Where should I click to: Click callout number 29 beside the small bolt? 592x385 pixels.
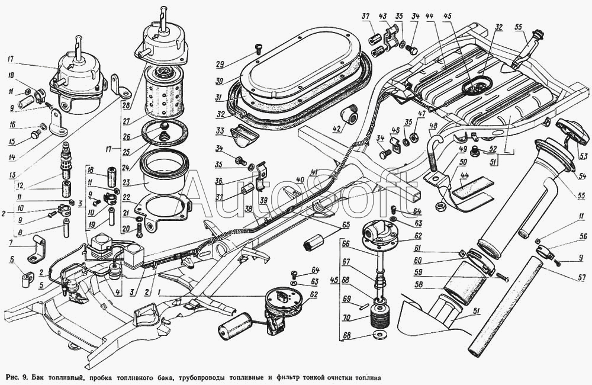point(220,64)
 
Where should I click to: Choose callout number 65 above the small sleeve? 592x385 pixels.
point(345,225)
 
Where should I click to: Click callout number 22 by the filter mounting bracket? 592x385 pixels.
point(126,198)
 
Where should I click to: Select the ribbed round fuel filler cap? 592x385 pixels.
point(570,129)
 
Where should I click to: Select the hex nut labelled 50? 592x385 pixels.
point(439,207)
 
